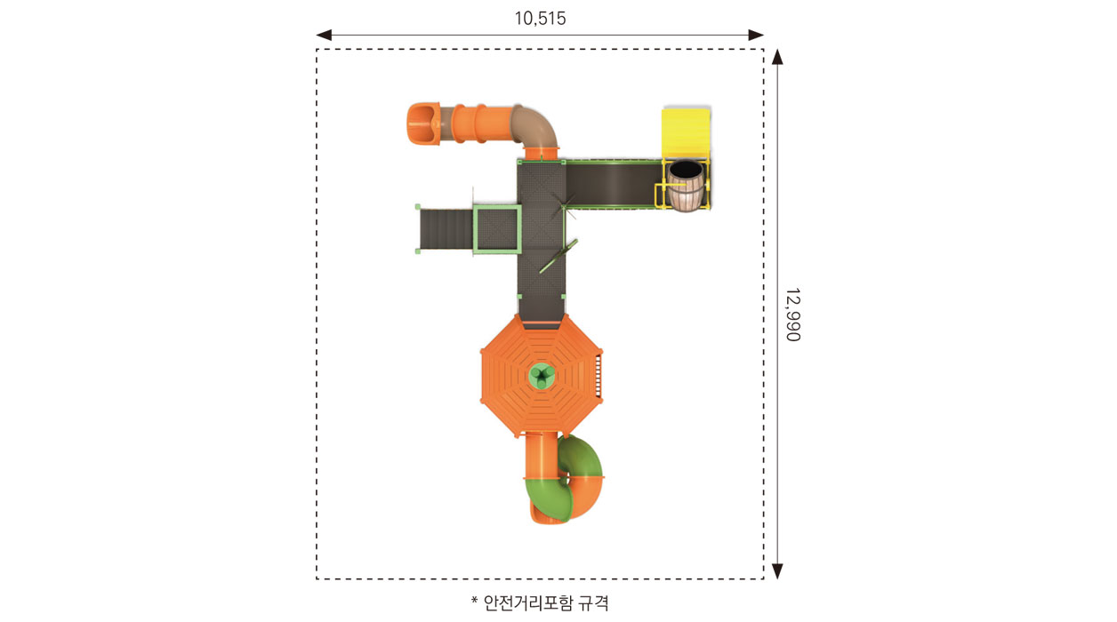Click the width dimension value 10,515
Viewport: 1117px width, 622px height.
click(x=540, y=19)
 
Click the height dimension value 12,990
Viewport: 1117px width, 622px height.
click(x=793, y=315)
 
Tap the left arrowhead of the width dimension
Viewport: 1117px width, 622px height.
click(x=324, y=35)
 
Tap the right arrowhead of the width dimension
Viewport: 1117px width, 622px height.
click(x=756, y=35)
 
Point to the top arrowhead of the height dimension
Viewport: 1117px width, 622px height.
click(x=777, y=57)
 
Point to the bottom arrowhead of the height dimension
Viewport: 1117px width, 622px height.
click(x=777, y=571)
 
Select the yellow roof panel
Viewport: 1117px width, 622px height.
click(x=686, y=133)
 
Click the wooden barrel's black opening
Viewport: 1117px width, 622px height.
click(x=686, y=169)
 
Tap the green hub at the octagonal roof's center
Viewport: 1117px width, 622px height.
click(x=541, y=376)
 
